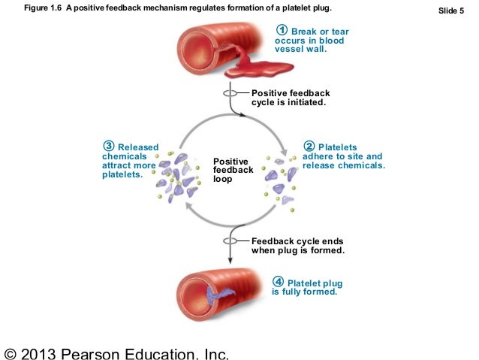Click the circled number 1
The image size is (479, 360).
[283, 31]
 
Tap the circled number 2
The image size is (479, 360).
[309, 147]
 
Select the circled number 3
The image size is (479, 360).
[109, 146]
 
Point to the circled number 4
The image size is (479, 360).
[279, 283]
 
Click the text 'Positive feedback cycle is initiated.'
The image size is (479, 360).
[289, 98]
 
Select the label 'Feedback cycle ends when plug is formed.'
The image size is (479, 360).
[297, 245]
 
